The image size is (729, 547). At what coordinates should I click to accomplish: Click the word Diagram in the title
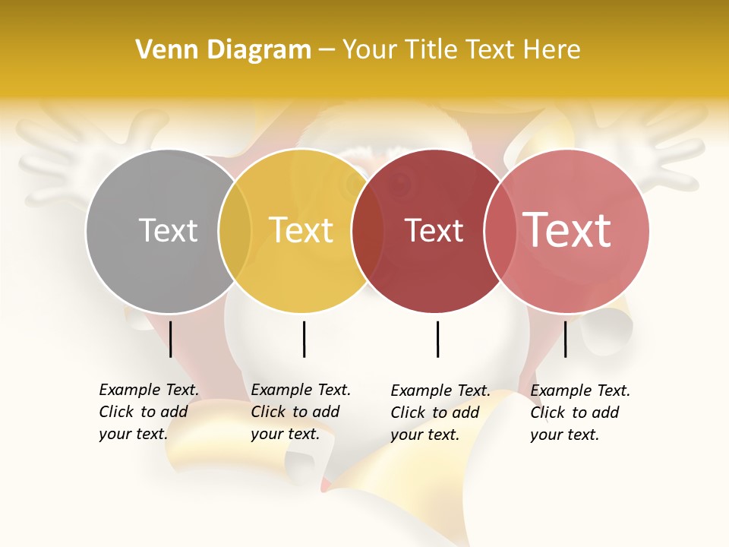pyautogui.click(x=258, y=50)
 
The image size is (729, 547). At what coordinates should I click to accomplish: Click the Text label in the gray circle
pyautogui.click(x=168, y=230)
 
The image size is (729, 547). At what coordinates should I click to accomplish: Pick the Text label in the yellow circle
pyautogui.click(x=301, y=230)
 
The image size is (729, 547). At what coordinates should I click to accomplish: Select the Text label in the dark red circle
pyautogui.click(x=434, y=231)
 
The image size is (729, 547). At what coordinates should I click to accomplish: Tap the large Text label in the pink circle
pyautogui.click(x=567, y=230)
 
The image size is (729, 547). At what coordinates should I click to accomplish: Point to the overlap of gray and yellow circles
pyautogui.click(x=235, y=231)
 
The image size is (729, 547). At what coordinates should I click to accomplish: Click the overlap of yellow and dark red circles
pyautogui.click(x=368, y=231)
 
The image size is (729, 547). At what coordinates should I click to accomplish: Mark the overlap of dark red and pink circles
pyautogui.click(x=500, y=231)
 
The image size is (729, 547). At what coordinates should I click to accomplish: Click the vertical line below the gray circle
pyautogui.click(x=171, y=339)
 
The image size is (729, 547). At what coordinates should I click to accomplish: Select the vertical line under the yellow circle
pyautogui.click(x=304, y=339)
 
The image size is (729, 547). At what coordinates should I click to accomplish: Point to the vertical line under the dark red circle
pyautogui.click(x=437, y=339)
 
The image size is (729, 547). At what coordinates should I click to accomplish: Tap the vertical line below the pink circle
pyautogui.click(x=565, y=339)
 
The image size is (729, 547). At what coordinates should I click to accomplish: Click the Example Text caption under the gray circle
pyautogui.click(x=148, y=412)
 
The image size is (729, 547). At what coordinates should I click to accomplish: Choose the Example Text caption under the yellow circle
pyautogui.click(x=300, y=412)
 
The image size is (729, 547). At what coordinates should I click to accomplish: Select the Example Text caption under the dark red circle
pyautogui.click(x=440, y=413)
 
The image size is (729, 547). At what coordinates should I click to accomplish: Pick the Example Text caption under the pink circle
pyautogui.click(x=579, y=413)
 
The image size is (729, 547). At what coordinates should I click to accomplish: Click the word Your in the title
pyautogui.click(x=369, y=50)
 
